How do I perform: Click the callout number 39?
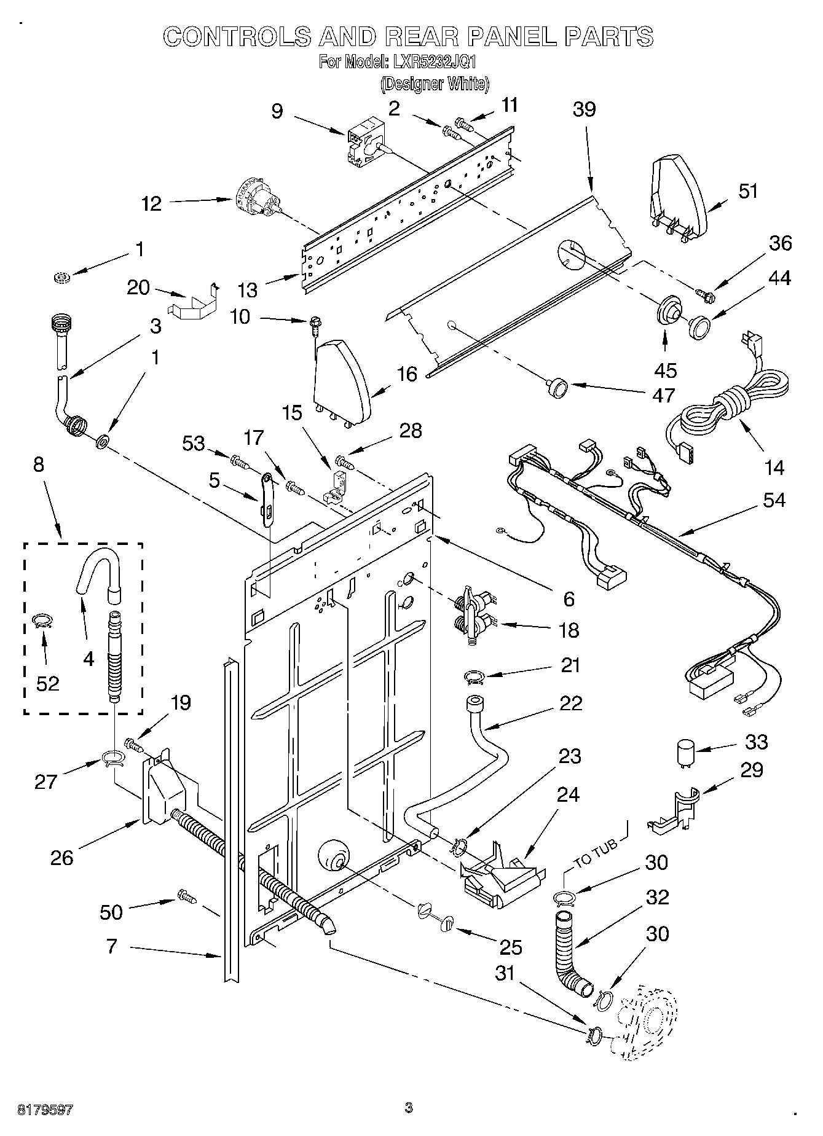click(x=584, y=109)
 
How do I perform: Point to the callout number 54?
click(x=773, y=500)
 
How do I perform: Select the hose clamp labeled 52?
click(x=42, y=622)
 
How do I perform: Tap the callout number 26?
click(x=61, y=857)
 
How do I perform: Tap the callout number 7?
click(x=111, y=946)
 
